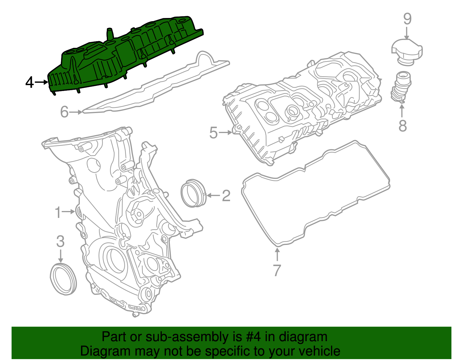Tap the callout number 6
pos(64,112)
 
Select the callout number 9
pos(407,19)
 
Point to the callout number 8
pos(403,126)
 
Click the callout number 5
pos(213,133)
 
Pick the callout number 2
pos(226,196)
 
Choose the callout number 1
pos(58,212)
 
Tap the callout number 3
pos(60,241)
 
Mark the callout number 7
pos(277,270)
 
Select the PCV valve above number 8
pos(401,87)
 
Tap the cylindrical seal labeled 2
pos(192,193)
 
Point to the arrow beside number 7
pos(277,254)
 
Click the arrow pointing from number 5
pos(225,132)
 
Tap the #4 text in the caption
pos(253,337)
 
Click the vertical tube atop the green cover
pos(110,34)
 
